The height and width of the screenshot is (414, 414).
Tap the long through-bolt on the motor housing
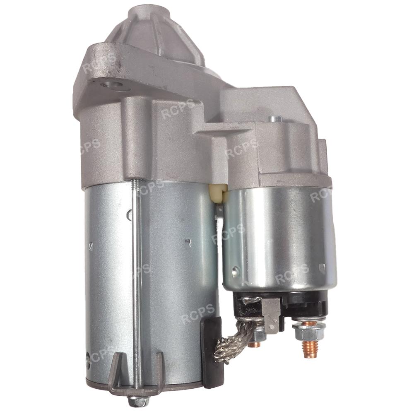pos(135,288)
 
